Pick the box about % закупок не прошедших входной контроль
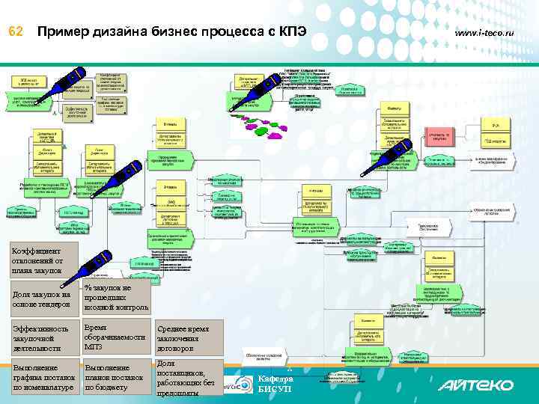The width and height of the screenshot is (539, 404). point(115,297)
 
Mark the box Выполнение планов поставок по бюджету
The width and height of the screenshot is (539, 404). point(115,378)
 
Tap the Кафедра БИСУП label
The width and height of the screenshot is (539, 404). point(273,384)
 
